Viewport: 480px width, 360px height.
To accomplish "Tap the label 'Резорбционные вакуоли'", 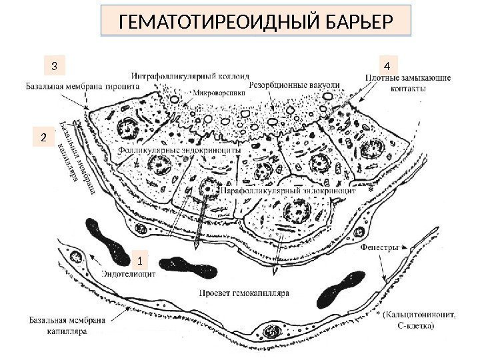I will tap(294, 85).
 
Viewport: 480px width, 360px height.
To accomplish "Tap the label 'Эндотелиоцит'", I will tap(129, 273).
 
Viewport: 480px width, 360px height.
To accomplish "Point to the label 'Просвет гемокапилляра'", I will tap(243, 293).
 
